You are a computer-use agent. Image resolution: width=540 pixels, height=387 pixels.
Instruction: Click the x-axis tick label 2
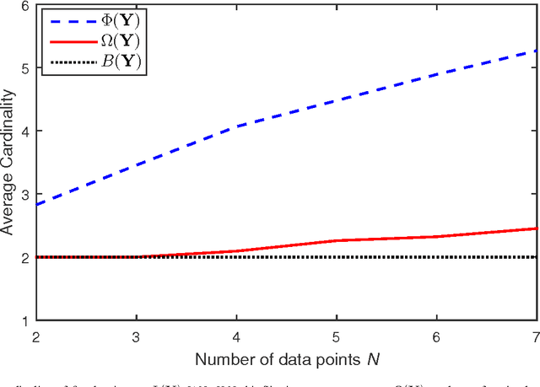pyautogui.click(x=36, y=335)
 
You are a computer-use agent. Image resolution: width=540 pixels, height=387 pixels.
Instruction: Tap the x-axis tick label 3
pyautogui.click(x=137, y=335)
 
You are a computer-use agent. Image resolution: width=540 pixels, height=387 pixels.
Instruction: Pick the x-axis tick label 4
pyautogui.click(x=237, y=335)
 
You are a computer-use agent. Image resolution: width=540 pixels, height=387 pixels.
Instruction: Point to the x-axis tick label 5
pyautogui.click(x=337, y=335)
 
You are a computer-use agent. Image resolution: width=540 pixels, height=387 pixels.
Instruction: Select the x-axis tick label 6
pyautogui.click(x=438, y=335)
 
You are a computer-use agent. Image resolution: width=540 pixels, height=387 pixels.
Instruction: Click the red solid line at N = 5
pyautogui.click(x=337, y=241)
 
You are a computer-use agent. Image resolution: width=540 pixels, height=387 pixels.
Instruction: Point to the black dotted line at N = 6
pyautogui.click(x=438, y=257)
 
